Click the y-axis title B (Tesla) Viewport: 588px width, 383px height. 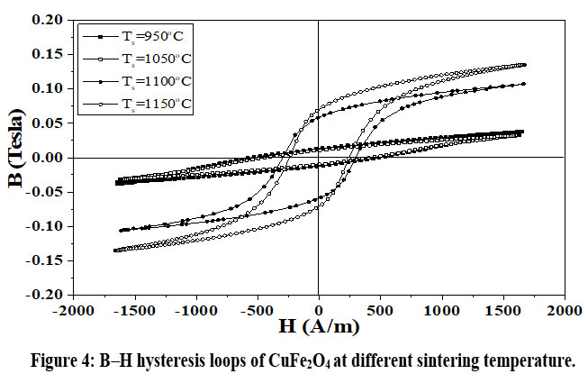click(16, 157)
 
